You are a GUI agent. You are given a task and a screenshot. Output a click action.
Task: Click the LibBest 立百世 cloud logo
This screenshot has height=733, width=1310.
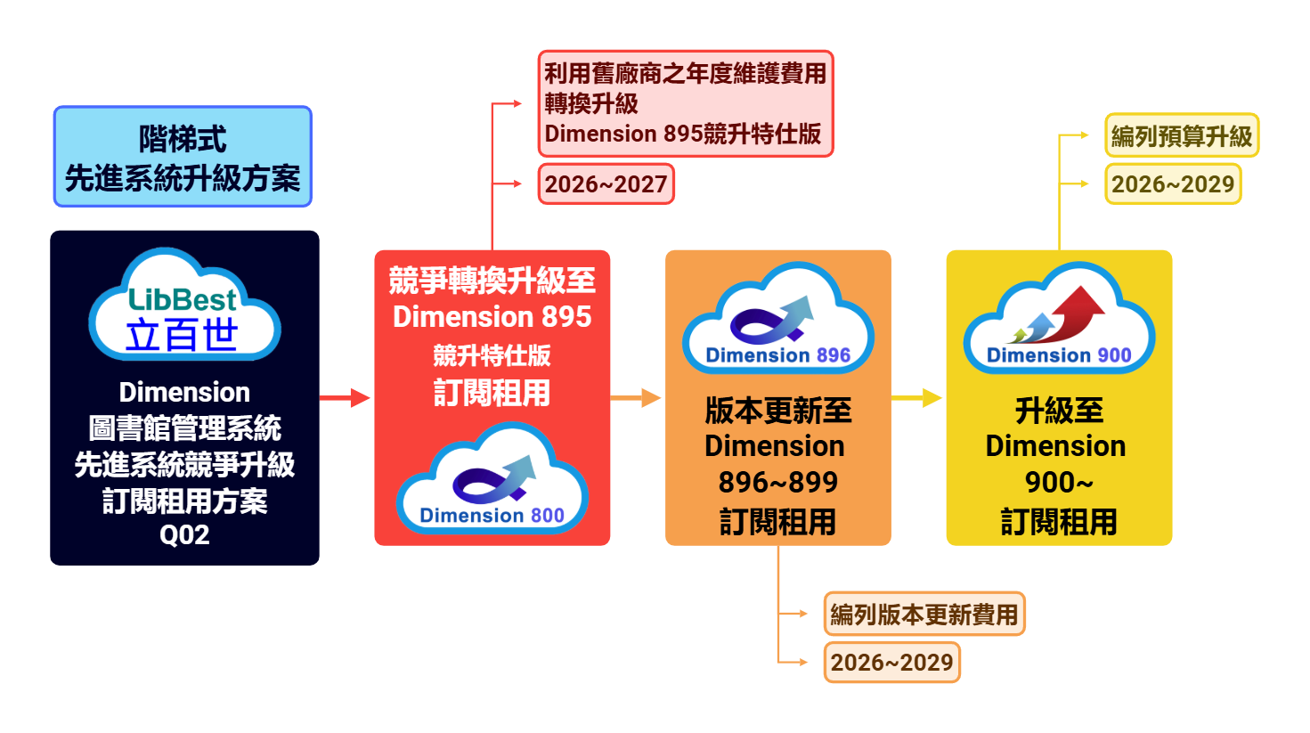184,305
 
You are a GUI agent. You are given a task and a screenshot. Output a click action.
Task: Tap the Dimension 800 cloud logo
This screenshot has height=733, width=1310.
492,480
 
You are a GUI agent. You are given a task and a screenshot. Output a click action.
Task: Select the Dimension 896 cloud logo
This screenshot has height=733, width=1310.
777,320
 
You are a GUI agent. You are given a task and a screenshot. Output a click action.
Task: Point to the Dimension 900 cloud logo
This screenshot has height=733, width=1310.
1059,320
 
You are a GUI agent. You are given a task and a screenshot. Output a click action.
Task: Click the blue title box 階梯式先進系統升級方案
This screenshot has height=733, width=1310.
183,157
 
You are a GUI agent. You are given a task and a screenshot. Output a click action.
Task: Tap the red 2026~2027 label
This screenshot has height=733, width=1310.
606,184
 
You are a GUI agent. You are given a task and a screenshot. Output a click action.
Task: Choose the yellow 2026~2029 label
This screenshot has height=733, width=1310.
1172,184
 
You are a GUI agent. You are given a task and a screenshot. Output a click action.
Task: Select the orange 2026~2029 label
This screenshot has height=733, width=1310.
891,663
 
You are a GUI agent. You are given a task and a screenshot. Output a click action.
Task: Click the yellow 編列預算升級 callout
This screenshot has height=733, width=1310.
1181,135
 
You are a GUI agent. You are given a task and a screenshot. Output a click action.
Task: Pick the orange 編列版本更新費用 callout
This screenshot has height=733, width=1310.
924,614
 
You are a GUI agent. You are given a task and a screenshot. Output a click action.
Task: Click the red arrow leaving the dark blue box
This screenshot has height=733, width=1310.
346,397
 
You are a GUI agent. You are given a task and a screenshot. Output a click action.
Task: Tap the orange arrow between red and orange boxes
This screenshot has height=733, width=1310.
637,397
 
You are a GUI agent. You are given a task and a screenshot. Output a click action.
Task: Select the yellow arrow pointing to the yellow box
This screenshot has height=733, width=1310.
917,397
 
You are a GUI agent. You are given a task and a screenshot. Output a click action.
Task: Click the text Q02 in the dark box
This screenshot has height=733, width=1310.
184,535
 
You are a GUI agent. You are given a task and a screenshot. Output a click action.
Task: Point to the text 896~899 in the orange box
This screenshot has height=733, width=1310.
777,482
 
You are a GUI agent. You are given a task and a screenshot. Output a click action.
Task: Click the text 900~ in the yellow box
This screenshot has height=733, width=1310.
1058,482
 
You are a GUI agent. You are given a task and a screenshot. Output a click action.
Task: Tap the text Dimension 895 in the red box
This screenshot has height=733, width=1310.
492,316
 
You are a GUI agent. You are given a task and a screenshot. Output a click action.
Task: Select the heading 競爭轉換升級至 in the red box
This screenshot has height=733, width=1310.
492,281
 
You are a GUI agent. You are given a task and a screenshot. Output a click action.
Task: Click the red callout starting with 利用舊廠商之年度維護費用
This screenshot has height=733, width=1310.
685,103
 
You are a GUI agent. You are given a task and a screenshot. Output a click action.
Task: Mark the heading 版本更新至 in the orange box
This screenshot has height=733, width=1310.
777,411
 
